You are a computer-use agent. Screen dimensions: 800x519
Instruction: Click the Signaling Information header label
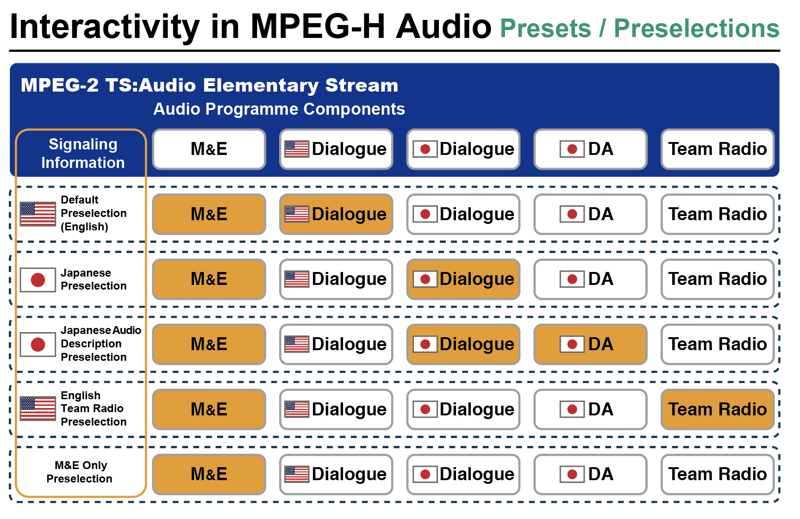pyautogui.click(x=83, y=154)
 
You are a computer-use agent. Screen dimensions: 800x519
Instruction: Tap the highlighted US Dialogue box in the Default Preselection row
pyautogui.click(x=336, y=214)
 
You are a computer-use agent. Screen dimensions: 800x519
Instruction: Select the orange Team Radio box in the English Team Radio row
pyautogui.click(x=718, y=409)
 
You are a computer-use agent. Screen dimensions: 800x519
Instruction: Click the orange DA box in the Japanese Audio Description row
pyautogui.click(x=590, y=344)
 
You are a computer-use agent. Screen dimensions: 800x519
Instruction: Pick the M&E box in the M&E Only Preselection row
pyautogui.click(x=209, y=474)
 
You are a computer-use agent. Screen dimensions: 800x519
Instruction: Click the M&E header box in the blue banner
pyautogui.click(x=209, y=149)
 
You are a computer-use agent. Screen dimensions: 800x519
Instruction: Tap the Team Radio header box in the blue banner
pyautogui.click(x=718, y=149)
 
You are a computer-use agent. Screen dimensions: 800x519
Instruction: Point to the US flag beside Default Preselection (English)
pyautogui.click(x=38, y=214)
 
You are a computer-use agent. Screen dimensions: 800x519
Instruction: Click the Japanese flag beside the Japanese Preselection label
pyautogui.click(x=38, y=279)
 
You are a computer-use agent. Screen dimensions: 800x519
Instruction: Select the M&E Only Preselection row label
pyautogui.click(x=80, y=472)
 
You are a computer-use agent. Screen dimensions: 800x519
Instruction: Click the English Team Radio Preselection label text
pyautogui.click(x=94, y=409)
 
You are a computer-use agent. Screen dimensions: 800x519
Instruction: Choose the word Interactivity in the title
pyautogui.click(x=105, y=26)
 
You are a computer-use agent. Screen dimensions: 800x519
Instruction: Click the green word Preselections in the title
pyautogui.click(x=697, y=28)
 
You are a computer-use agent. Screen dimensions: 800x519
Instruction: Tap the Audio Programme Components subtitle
pyautogui.click(x=279, y=109)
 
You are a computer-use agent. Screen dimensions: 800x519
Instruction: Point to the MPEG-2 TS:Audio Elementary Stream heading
pyautogui.click(x=209, y=85)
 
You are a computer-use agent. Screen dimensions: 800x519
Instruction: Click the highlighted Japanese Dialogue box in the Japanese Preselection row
pyautogui.click(x=463, y=279)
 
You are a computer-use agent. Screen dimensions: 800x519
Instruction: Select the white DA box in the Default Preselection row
pyautogui.click(x=590, y=214)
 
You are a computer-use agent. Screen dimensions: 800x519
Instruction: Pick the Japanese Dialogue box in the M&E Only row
pyautogui.click(x=463, y=474)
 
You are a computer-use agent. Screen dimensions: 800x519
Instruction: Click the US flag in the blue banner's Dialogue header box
pyautogui.click(x=297, y=149)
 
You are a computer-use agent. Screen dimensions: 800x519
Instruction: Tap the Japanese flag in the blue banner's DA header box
pyautogui.click(x=572, y=149)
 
